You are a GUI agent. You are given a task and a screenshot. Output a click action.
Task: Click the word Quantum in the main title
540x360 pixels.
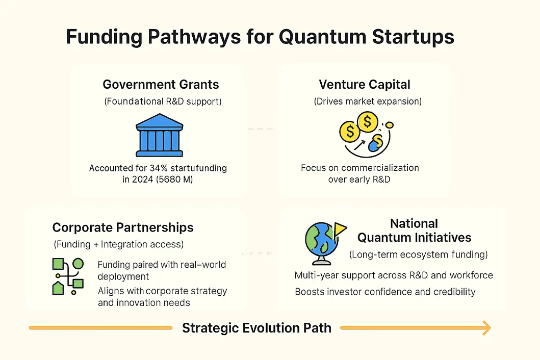[322, 37]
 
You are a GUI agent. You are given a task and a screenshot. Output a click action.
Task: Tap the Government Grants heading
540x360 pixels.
[161, 85]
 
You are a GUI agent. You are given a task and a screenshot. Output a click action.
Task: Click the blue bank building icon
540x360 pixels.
[160, 136]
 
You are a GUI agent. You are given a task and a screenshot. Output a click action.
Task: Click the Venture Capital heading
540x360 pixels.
[365, 85]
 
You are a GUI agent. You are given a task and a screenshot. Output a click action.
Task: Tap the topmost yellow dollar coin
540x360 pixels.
[368, 121]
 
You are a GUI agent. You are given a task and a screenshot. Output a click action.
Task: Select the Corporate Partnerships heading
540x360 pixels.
[123, 228]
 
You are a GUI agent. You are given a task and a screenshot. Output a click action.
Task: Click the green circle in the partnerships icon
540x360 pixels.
[78, 264]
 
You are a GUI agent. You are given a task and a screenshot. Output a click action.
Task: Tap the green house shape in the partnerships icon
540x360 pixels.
[58, 288]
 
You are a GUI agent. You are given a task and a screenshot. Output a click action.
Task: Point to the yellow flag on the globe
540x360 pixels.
[340, 229]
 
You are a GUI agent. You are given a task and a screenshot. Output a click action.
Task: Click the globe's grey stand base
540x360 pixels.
[322, 262]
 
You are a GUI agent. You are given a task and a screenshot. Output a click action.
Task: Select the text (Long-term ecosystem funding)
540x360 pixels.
[419, 254]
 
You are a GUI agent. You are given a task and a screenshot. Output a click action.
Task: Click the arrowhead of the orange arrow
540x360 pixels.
[486, 328]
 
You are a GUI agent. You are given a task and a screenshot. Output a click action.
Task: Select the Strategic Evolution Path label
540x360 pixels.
[256, 328]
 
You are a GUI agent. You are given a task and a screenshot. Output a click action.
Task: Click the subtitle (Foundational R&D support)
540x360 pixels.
[163, 101]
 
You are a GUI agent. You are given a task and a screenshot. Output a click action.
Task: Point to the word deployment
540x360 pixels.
[123, 277]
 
